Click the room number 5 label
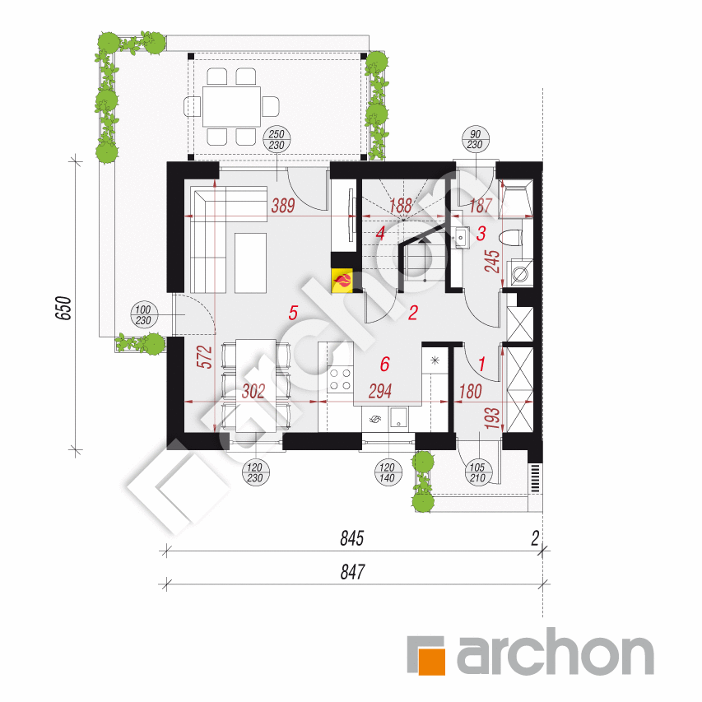click(291, 312)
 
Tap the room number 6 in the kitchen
click(384, 364)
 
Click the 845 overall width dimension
click(351, 539)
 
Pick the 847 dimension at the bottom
click(351, 570)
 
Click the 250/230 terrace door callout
click(276, 139)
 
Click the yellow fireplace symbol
click(342, 281)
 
